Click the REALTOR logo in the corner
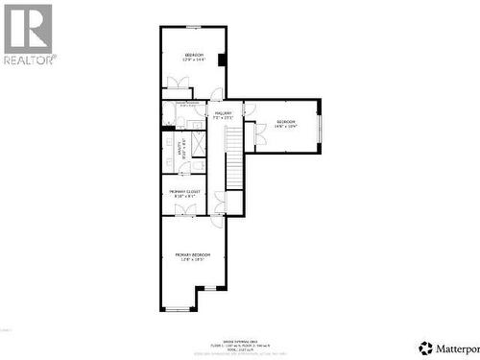(x=29, y=34)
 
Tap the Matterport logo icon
(x=424, y=347)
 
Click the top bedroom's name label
(x=194, y=56)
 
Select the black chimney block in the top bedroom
(x=222, y=60)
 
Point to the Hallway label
(x=224, y=113)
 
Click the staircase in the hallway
(x=234, y=158)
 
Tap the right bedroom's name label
(x=286, y=122)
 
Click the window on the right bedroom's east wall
(x=320, y=125)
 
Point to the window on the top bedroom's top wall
(x=193, y=27)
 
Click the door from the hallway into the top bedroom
(x=216, y=95)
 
